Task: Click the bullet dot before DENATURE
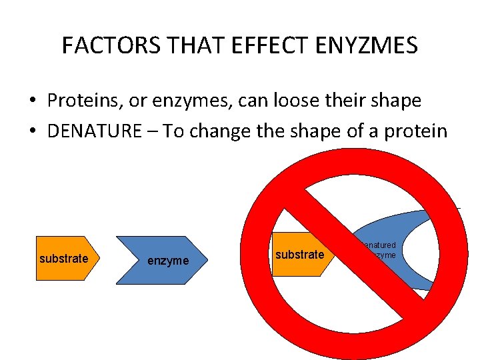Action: tap(33, 131)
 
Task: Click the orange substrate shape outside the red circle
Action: tap(63, 259)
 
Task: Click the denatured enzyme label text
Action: tap(381, 250)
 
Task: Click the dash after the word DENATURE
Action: tap(152, 131)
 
